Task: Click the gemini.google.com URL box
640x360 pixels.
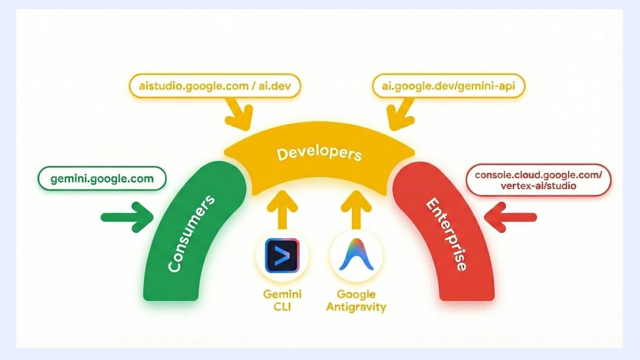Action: click(102, 179)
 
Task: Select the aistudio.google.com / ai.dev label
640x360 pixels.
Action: click(215, 85)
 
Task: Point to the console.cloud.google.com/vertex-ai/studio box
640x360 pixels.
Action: click(538, 180)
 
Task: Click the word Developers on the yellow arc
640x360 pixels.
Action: click(319, 154)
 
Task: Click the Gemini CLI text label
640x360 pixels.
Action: click(282, 300)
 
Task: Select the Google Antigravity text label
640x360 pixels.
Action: click(356, 300)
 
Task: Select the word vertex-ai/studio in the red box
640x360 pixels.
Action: click(538, 186)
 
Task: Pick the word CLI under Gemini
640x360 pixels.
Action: click(282, 306)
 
